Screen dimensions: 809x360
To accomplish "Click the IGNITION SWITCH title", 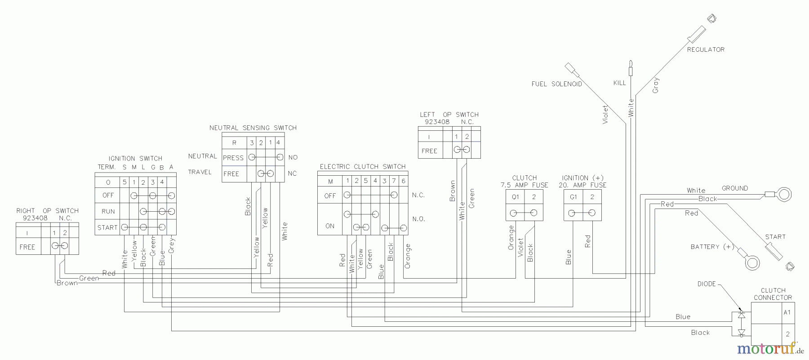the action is point(135,159).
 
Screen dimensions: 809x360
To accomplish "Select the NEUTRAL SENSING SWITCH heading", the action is point(253,128).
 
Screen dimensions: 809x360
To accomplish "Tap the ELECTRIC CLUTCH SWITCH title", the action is point(363,167).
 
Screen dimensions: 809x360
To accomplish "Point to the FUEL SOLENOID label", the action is point(556,84).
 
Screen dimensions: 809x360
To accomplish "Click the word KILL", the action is point(619,83).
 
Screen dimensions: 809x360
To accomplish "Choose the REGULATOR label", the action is point(706,49).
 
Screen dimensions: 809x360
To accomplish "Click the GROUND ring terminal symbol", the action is point(785,195).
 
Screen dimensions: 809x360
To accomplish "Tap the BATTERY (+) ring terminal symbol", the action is point(752,262).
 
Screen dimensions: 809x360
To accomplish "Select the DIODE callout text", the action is point(706,284).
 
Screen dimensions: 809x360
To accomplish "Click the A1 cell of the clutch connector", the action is point(787,313).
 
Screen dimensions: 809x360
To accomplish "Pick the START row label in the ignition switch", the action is point(107,227).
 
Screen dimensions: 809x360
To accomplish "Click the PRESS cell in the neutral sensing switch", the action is point(233,158).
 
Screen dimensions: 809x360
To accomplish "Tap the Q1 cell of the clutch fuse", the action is point(515,197).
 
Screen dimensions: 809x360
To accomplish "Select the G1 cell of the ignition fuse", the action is point(573,197).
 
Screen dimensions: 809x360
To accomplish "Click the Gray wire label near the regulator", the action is point(656,85).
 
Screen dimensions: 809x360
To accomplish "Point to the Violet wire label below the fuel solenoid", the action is point(605,114).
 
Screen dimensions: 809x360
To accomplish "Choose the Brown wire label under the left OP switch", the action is point(453,191).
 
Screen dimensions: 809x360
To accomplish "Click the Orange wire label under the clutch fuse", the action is point(511,238).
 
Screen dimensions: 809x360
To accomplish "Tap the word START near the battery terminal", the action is point(775,237).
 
